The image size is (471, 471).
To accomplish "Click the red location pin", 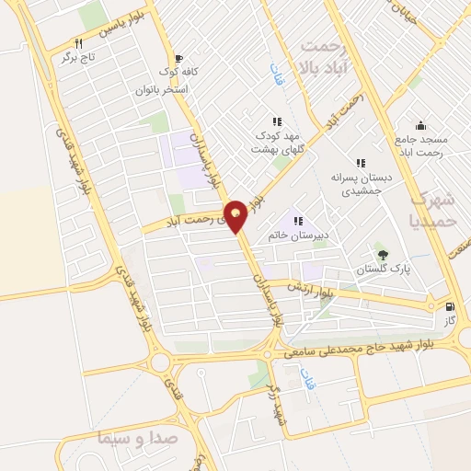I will pos(237,215).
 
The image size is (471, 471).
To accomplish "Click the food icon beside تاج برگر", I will pos(79,43).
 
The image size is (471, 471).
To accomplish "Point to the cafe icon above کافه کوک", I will pos(178,56).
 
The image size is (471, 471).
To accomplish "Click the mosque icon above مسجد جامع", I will pos(420,125).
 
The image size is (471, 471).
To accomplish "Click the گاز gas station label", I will pos(449,323).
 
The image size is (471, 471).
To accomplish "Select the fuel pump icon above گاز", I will pos(450,307).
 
